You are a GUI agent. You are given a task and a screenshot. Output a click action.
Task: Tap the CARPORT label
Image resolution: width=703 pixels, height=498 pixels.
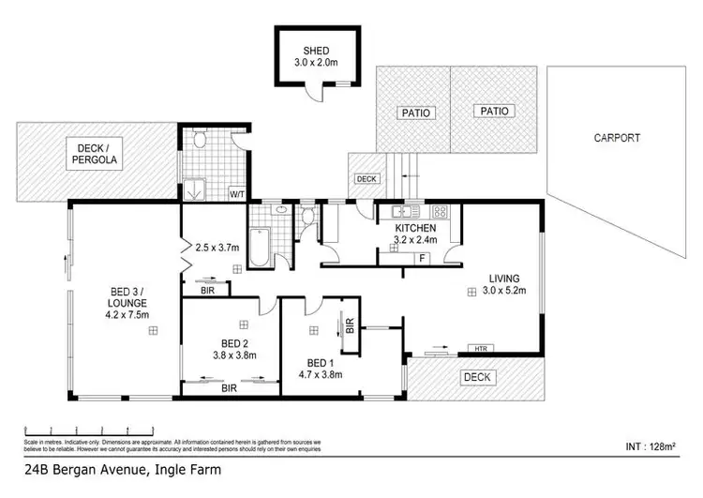[617, 138]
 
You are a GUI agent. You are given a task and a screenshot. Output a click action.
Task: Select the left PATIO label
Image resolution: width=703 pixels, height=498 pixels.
[416, 113]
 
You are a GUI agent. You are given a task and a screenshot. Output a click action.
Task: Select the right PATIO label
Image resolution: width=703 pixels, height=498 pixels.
[495, 111]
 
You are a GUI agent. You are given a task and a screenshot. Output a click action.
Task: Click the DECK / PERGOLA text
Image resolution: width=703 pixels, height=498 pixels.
[94, 153]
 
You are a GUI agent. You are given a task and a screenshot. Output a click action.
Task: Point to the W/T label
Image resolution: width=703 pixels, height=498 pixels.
[237, 195]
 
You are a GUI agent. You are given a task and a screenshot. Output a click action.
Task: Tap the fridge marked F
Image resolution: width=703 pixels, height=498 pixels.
[423, 257]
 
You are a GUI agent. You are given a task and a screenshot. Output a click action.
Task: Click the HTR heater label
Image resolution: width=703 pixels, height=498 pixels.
[481, 349]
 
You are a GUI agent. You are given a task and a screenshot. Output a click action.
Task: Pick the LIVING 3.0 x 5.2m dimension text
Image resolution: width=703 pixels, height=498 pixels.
[506, 291]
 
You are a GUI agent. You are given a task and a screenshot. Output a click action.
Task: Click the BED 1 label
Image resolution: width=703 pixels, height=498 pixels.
[321, 362]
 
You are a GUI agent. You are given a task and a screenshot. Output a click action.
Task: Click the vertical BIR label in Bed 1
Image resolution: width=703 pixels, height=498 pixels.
[349, 326]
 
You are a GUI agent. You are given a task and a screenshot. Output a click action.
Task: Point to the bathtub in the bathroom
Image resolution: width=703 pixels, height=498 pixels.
[259, 245]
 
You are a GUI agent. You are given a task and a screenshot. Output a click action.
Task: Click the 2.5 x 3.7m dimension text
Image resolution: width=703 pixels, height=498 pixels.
[217, 248]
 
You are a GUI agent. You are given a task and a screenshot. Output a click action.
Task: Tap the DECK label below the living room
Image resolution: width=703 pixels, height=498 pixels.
[478, 377]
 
